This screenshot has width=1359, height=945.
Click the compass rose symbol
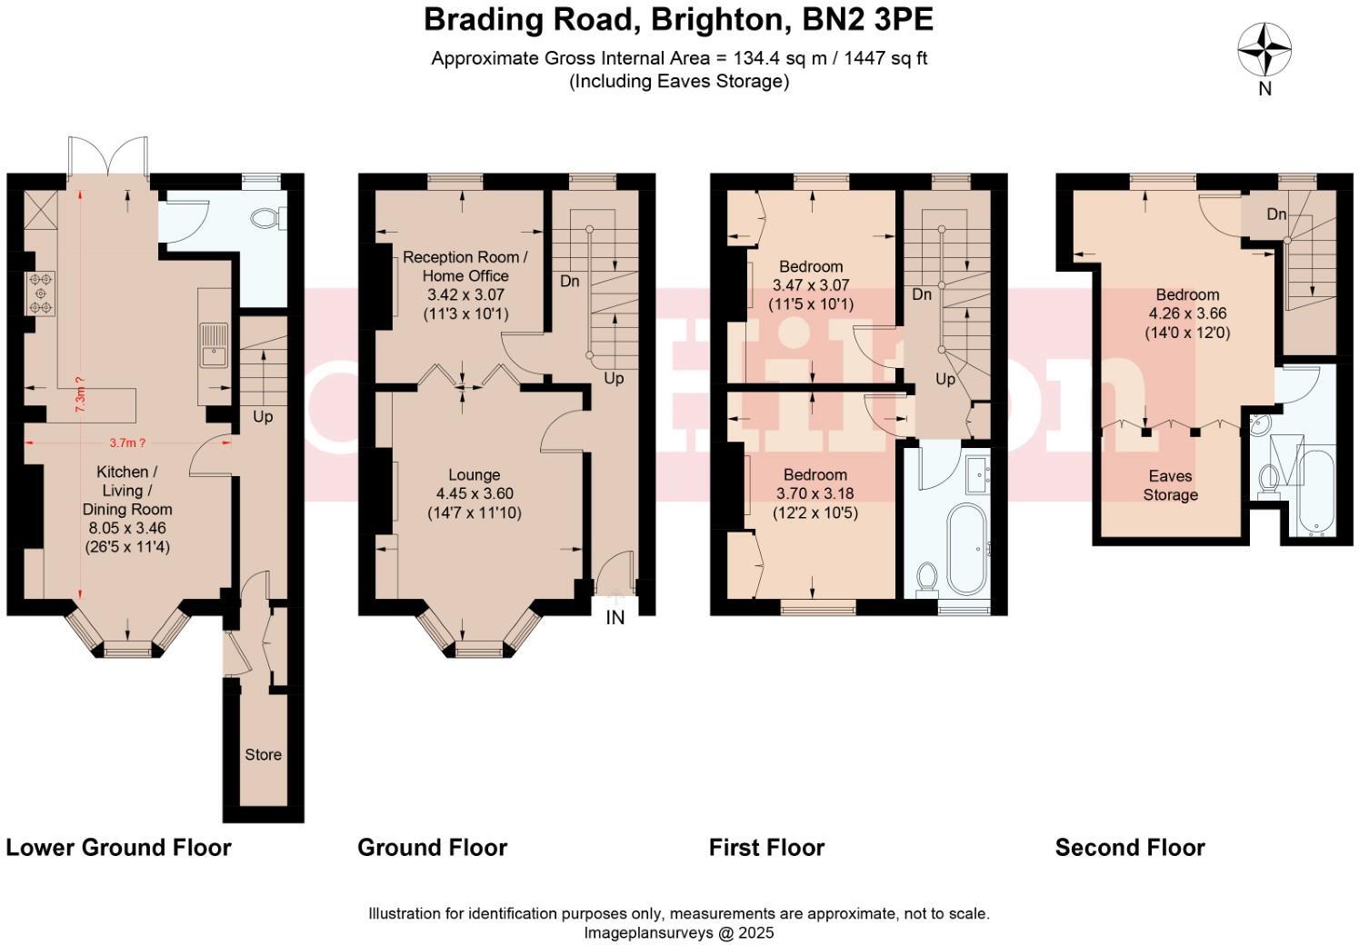[1264, 49]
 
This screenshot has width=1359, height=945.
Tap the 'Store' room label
[263, 754]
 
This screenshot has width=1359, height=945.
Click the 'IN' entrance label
[615, 618]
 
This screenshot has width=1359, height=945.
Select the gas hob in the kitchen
[41, 293]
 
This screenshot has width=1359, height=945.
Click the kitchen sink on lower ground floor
[214, 345]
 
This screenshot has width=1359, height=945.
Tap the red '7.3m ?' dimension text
[79, 395]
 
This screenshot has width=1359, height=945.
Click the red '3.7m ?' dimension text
[127, 443]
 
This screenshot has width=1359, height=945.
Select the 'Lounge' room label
[475, 475]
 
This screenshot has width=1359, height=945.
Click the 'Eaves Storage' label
[1170, 485]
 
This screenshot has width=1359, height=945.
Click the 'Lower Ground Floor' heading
[118, 848]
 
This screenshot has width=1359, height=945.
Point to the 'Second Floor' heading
[1130, 848]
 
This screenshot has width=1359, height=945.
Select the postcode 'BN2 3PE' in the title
[867, 19]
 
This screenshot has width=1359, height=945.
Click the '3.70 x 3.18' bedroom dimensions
[814, 493]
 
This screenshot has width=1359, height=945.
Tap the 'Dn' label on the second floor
[1276, 214]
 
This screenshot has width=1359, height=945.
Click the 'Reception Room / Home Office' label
[465, 266]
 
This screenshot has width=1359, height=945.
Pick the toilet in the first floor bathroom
[927, 579]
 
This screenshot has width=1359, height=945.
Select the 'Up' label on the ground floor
[614, 379]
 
